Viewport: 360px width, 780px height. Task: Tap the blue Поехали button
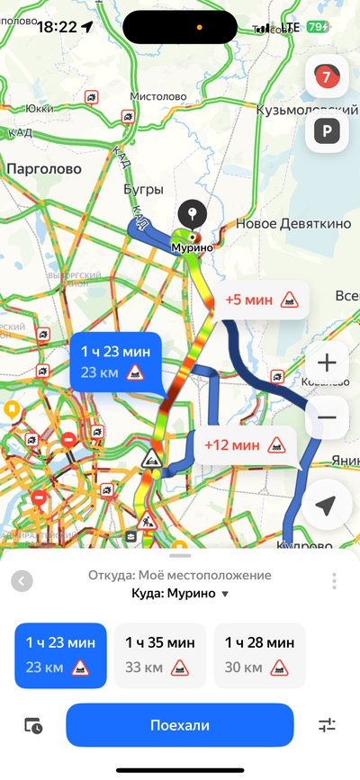[x=180, y=725]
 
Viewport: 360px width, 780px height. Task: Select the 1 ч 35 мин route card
[x=160, y=655]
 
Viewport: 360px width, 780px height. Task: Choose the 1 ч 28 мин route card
[x=259, y=655]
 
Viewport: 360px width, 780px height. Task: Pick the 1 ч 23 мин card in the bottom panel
[x=61, y=655]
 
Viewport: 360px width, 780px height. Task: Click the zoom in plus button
[x=328, y=363]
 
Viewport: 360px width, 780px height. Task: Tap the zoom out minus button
[x=328, y=417]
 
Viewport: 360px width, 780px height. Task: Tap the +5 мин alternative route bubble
[x=261, y=300]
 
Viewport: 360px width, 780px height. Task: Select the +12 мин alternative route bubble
[x=245, y=444]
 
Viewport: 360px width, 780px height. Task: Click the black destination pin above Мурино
[x=191, y=216]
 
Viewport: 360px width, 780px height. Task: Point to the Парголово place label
[x=43, y=168]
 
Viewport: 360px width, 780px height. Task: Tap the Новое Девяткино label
[x=293, y=224]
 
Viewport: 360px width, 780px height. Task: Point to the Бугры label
[x=143, y=190]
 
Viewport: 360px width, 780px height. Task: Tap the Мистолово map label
[x=158, y=96]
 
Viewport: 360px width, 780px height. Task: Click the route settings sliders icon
[x=328, y=725]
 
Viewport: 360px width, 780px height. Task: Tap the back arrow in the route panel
[x=22, y=581]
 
